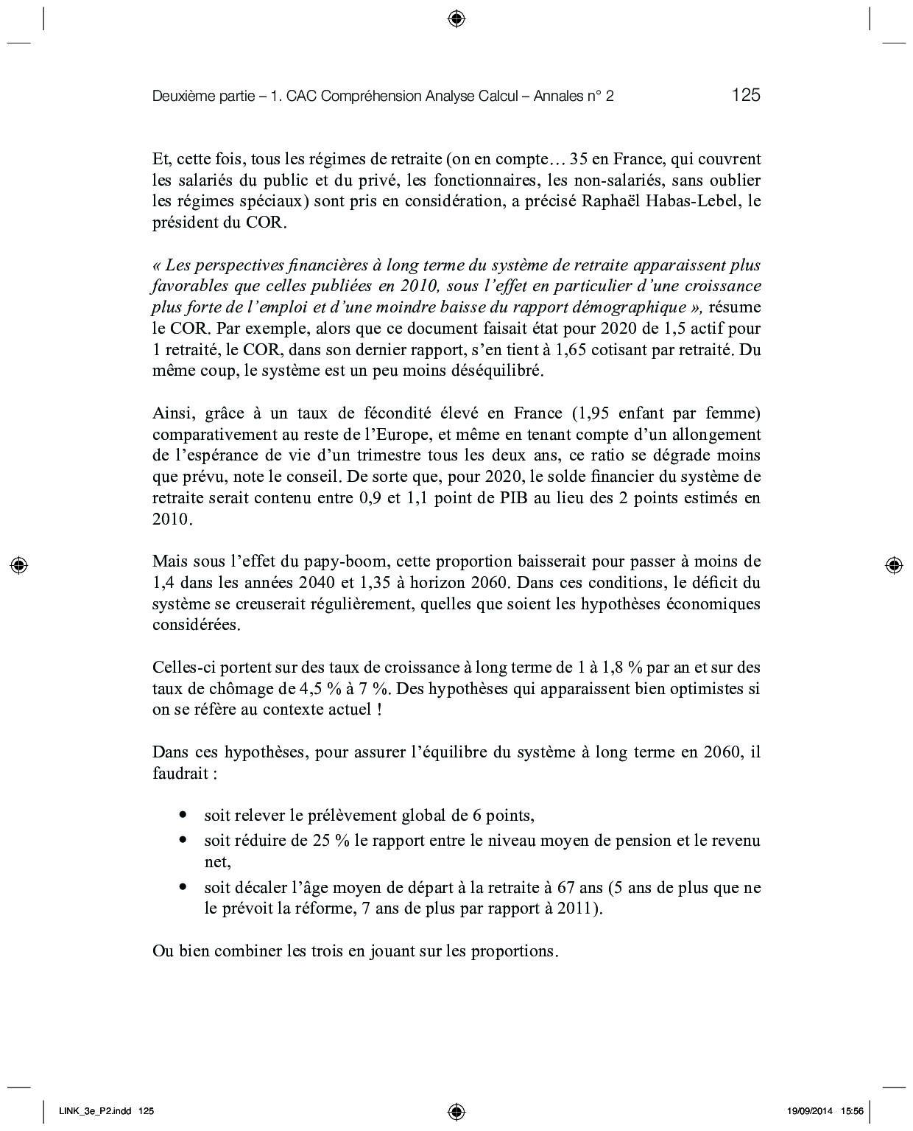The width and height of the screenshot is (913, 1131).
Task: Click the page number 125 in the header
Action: tap(745, 95)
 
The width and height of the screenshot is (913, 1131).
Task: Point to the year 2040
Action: tap(318, 583)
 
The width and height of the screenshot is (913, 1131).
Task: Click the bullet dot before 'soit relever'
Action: tap(183, 816)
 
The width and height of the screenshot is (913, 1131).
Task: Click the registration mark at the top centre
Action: tap(456, 18)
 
